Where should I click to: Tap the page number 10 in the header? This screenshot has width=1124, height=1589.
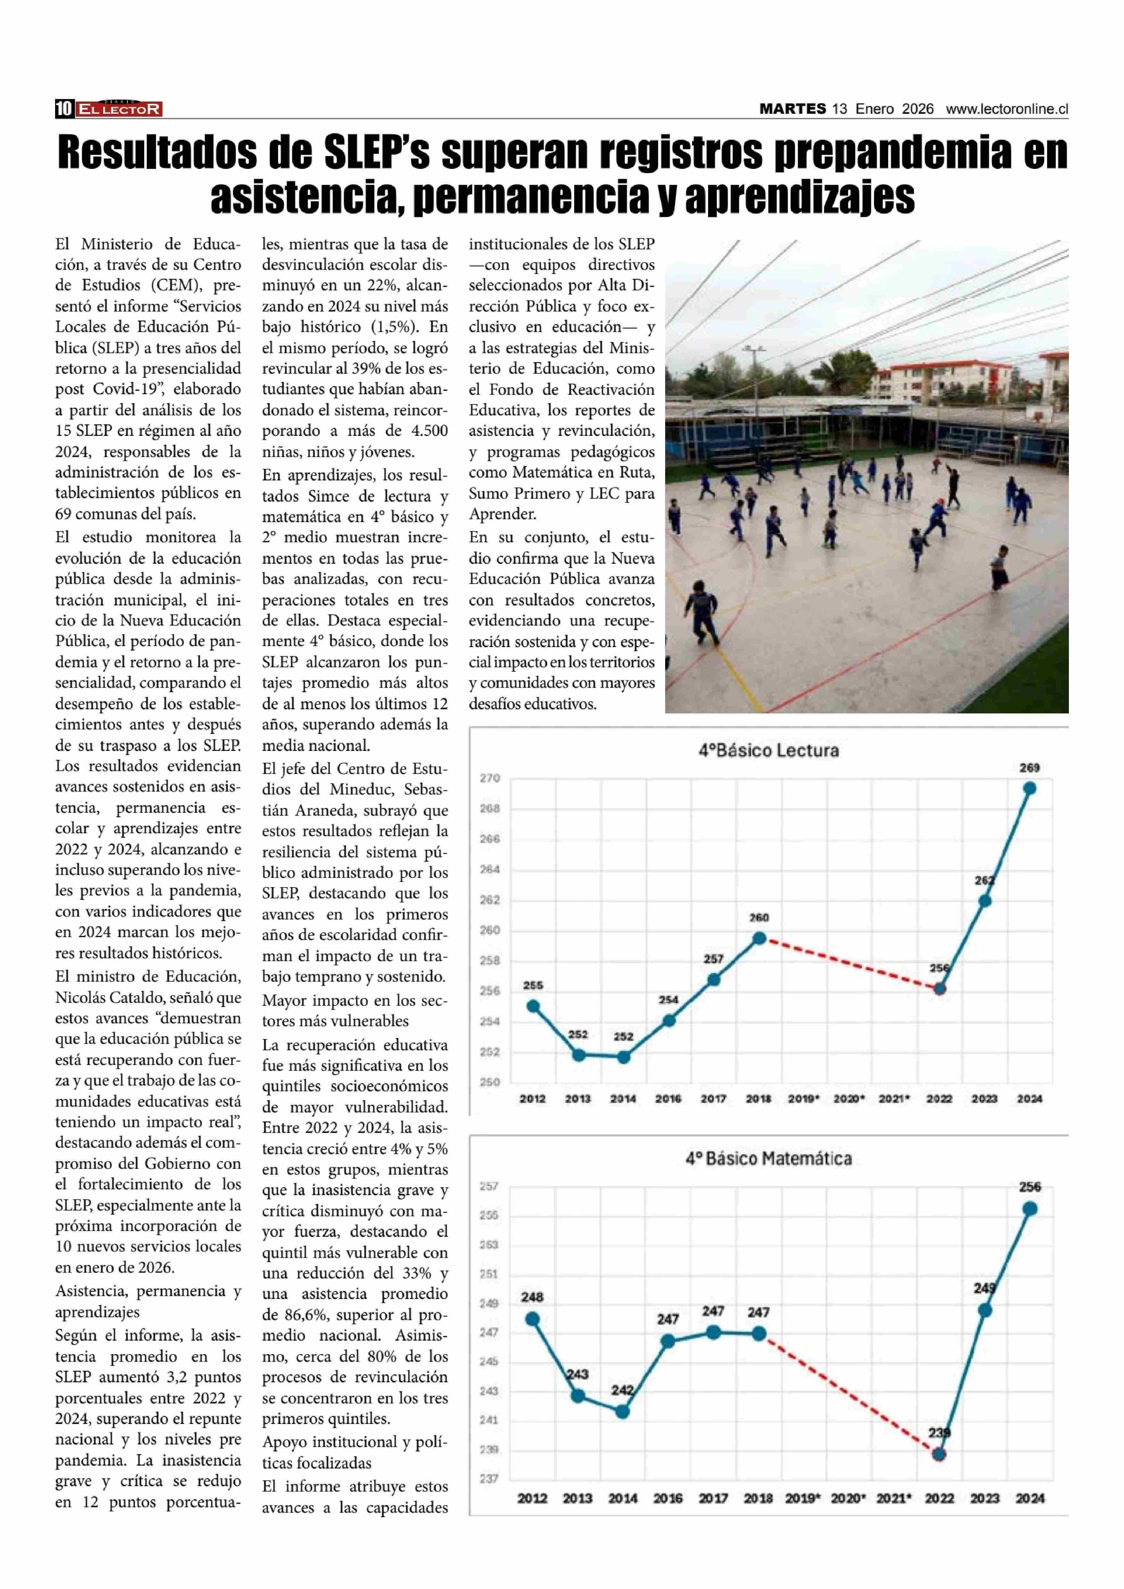coord(64,109)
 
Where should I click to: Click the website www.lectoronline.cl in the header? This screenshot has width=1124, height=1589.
coord(1007,109)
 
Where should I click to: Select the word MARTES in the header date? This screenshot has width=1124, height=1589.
coord(792,109)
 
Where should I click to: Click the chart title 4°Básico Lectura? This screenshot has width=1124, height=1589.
coord(768,751)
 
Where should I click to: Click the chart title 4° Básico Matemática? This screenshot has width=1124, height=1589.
coord(768,1158)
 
